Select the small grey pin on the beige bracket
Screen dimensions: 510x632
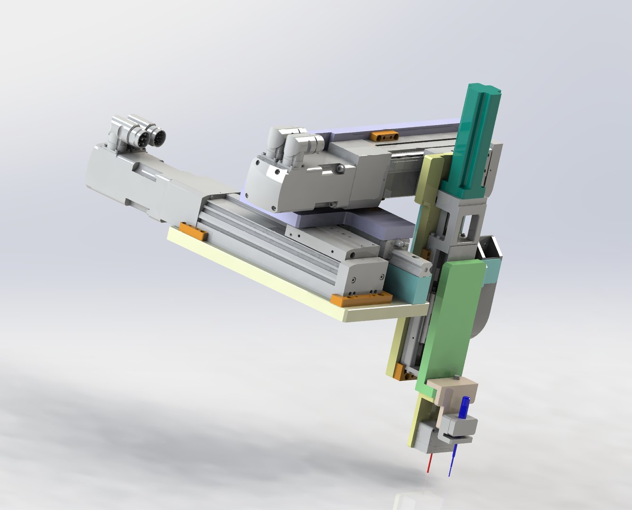[457, 377]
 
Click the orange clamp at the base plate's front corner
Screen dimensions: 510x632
[361, 298]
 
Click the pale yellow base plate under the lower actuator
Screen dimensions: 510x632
[265, 274]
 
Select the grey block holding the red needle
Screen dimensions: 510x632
[427, 437]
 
